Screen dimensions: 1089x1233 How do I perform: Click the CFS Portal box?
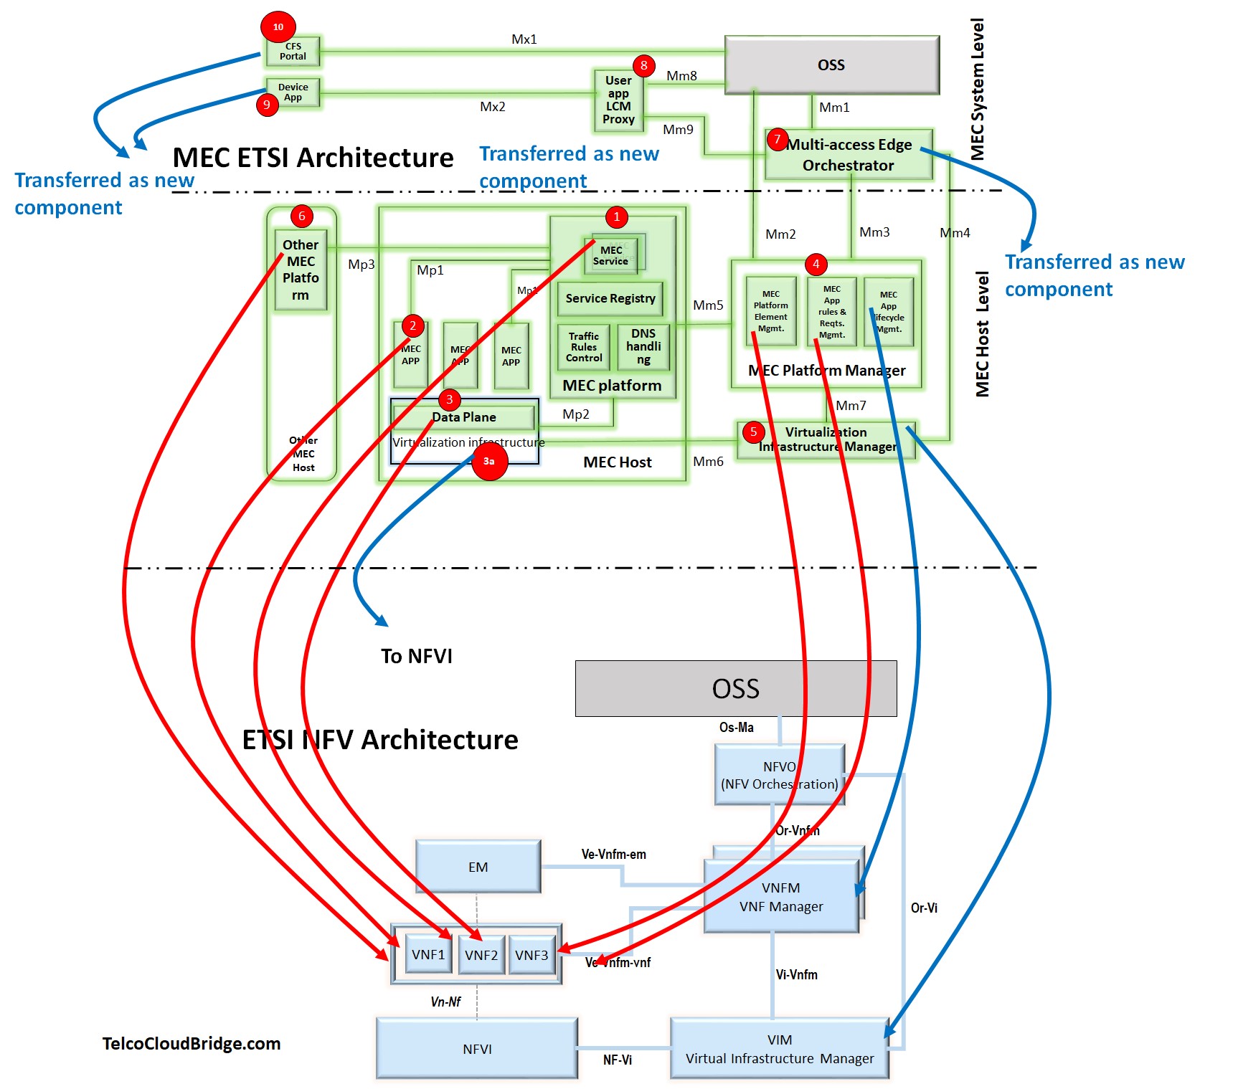pos(293,52)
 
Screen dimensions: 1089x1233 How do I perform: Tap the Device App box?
pos(293,92)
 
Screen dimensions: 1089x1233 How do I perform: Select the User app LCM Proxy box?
pos(618,100)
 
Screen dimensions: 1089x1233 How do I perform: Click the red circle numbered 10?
pos(278,27)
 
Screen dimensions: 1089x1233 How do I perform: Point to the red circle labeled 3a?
pos(489,461)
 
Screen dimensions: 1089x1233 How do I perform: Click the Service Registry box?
pos(610,298)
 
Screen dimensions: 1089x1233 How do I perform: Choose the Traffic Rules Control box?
pos(584,347)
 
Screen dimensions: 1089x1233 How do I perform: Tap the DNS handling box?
pos(643,347)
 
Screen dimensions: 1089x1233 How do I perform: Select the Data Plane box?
pos(464,417)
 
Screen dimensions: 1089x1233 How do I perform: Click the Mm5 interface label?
pos(708,305)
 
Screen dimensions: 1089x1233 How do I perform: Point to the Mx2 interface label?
pos(493,107)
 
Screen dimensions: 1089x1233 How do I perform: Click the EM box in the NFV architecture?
pos(478,867)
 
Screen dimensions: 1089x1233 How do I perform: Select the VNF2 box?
pos(481,955)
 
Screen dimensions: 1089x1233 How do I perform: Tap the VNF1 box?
pos(428,954)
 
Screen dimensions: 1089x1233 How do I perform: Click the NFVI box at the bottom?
pos(477,1049)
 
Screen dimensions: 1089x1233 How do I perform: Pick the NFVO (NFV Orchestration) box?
pos(780,775)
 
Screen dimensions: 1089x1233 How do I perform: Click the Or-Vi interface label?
pos(924,908)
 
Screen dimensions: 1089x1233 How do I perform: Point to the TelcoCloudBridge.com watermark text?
pos(192,1043)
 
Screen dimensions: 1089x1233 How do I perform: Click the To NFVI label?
pos(417,656)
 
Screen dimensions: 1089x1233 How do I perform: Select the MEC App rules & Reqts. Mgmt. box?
pos(832,312)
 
